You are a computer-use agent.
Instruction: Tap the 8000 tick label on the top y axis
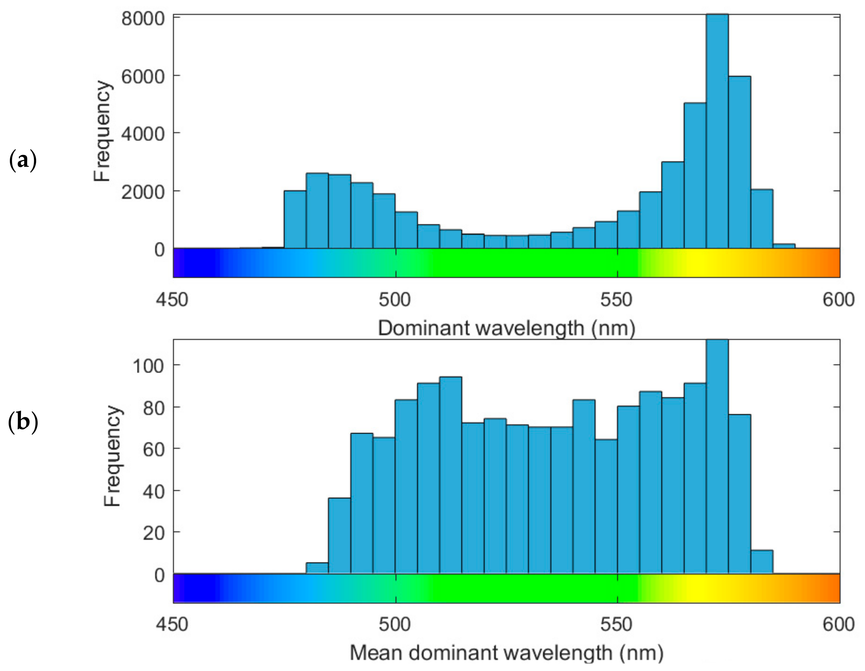[x=143, y=18]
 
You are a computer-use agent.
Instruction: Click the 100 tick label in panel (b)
[x=148, y=365]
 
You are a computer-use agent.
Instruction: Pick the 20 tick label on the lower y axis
[x=154, y=533]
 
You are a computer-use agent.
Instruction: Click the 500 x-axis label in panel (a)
[x=395, y=300]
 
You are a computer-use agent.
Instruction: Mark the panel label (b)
[x=23, y=422]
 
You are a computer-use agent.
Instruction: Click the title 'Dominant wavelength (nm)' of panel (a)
[x=506, y=328]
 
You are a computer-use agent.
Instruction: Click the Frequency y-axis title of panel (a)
[x=102, y=131]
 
